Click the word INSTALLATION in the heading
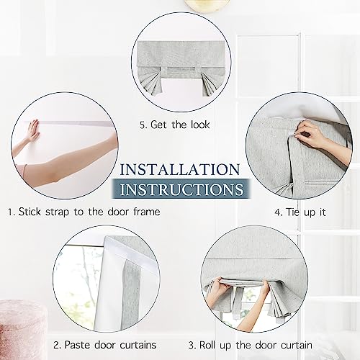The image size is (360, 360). click(180, 169)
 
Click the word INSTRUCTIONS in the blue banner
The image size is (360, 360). click(181, 189)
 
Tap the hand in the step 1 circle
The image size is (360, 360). click(33, 130)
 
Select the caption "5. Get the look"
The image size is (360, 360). click(175, 125)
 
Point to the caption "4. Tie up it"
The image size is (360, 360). click(300, 212)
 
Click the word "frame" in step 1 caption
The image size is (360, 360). click(147, 212)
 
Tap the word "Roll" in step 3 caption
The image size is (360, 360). click(208, 345)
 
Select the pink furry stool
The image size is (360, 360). click(22, 329)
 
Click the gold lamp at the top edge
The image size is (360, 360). click(206, 5)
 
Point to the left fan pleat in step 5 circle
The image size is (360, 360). click(150, 83)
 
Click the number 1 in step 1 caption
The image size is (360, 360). click(9, 212)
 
